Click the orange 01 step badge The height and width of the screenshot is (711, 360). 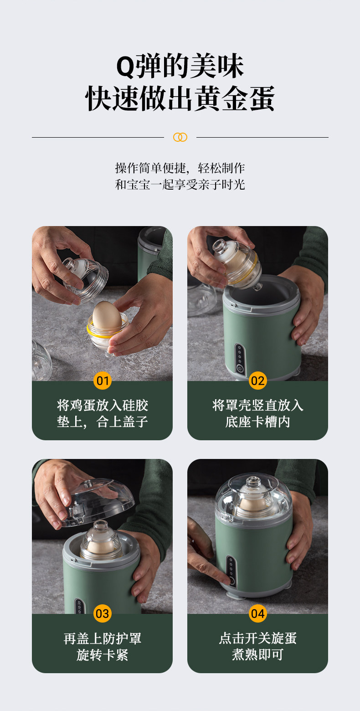coord(102,380)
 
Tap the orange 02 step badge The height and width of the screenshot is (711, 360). coord(257,380)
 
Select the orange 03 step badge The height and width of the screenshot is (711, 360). coord(102,613)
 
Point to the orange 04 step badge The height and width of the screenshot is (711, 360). coord(257,613)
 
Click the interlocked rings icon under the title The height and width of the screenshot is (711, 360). coord(180,137)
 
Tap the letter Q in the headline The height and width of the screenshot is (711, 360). coord(126,67)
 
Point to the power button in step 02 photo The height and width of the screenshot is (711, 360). coord(240,369)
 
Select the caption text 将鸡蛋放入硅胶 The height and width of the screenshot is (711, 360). coord(102,405)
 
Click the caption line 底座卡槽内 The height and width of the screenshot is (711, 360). coord(257,422)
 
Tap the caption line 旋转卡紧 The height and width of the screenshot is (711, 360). coord(102,655)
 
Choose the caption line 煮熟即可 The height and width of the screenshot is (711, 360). coord(257,655)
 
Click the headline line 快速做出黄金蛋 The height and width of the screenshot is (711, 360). coord(180,98)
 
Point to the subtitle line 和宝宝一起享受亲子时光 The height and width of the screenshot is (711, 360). coord(180,185)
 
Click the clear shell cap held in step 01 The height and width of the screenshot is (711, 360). coord(85,279)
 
